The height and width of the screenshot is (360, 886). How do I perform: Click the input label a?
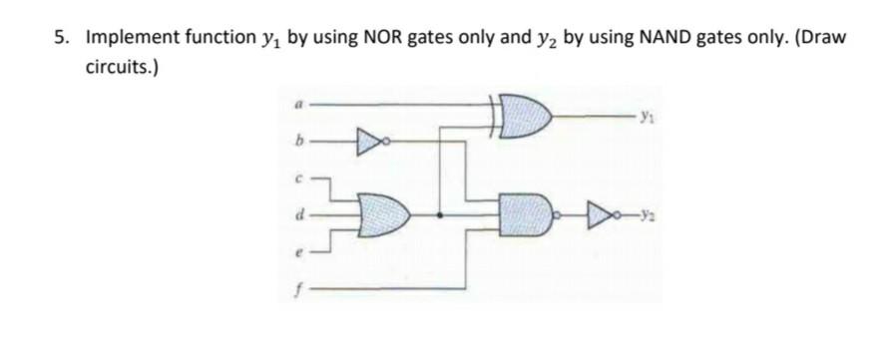pyautogui.click(x=297, y=104)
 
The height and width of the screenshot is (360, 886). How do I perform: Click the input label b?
pyautogui.click(x=297, y=144)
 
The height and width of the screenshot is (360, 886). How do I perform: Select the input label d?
pyautogui.click(x=297, y=213)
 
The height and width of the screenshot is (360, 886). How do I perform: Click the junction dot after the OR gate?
pyautogui.click(x=441, y=213)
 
